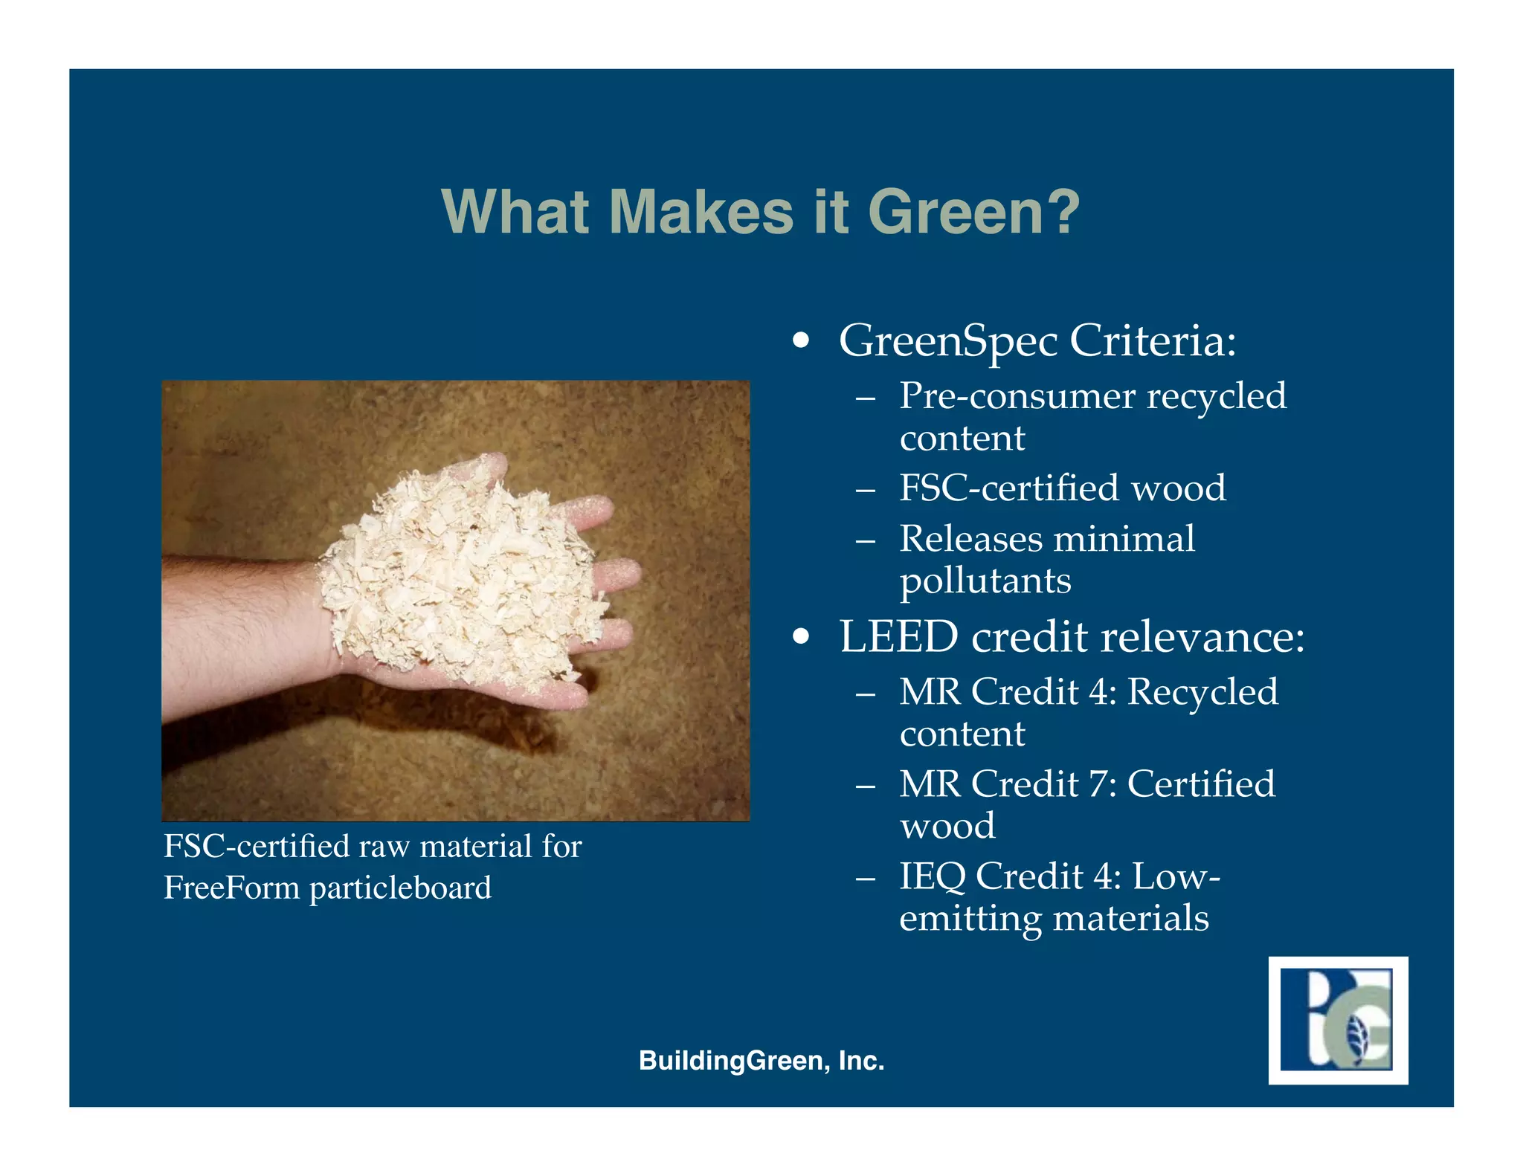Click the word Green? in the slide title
(973, 213)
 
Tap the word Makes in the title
(701, 213)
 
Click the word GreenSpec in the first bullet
(948, 341)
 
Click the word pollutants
(985, 581)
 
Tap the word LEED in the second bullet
(898, 637)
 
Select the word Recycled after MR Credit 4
(1202, 692)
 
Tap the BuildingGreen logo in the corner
(1338, 1020)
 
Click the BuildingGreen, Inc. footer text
(761, 1061)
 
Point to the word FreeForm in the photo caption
(231, 888)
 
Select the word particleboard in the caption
(400, 889)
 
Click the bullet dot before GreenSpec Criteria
(800, 342)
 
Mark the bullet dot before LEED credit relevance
(800, 638)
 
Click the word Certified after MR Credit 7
(1201, 784)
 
